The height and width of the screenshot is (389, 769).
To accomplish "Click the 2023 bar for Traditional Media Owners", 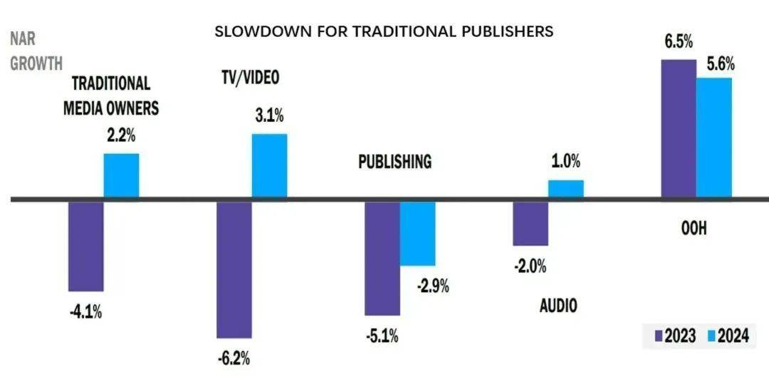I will (x=86, y=247).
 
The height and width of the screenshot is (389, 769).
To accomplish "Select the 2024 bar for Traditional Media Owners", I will (x=122, y=175).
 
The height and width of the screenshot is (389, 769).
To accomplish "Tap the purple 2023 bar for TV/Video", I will (x=234, y=269).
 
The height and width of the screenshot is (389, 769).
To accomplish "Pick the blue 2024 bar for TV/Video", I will (x=269, y=165).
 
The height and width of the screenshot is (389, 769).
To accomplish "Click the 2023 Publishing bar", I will (x=382, y=258).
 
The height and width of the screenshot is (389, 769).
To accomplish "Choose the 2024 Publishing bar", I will (x=417, y=234).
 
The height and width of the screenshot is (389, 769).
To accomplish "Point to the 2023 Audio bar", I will (x=530, y=224).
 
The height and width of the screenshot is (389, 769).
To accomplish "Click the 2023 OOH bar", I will (x=679, y=128).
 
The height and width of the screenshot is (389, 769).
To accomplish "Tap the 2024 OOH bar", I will (x=713, y=137).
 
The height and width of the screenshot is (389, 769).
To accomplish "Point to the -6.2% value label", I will (x=234, y=358).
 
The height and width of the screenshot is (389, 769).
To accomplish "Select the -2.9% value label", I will (x=432, y=286).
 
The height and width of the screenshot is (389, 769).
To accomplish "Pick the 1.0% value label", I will (x=565, y=162).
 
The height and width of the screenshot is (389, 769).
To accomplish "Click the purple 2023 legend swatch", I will (x=659, y=336).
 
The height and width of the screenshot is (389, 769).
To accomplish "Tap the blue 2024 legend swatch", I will (x=710, y=336).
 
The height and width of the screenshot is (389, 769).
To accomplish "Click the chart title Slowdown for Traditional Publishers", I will (x=384, y=31).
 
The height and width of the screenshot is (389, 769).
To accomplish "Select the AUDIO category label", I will (x=558, y=306).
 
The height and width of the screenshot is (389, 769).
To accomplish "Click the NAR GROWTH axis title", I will (x=36, y=52).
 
